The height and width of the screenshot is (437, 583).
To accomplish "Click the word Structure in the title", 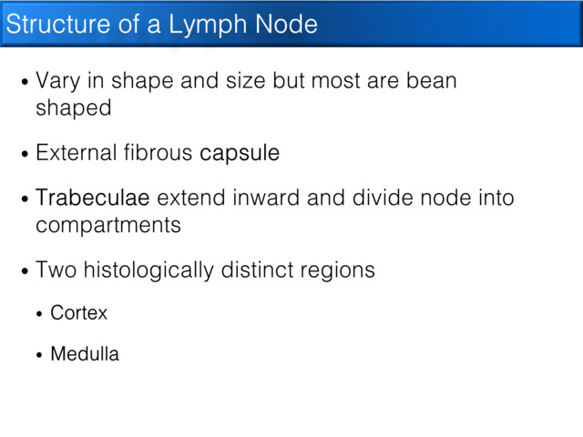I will pos(57,25).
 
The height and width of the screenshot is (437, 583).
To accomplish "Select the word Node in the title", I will pos(288,25).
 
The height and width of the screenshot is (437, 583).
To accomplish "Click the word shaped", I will pos(73,108).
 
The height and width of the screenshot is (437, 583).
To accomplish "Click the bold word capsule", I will pos(240,154).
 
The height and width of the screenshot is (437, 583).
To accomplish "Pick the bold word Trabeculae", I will pos(93,198).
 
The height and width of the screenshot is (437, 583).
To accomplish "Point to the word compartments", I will pos(108,225).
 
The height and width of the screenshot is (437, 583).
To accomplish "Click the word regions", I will pos(342,270).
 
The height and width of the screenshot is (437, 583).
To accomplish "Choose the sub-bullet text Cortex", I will pos(78,313).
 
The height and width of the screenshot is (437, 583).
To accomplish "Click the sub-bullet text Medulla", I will pos(85,354).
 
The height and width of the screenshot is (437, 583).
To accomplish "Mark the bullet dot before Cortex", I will pos(39,314).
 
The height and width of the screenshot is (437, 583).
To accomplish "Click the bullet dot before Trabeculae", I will pos(25,199).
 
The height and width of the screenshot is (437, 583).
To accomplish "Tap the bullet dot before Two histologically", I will pos(25,271).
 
